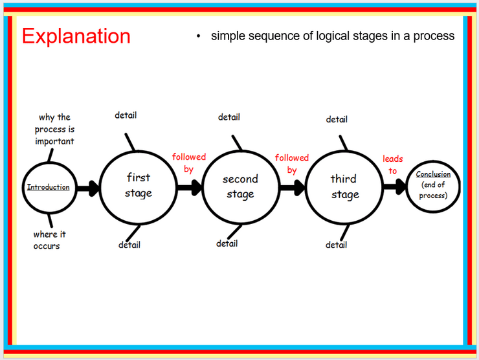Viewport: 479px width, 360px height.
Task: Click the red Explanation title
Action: pos(76,37)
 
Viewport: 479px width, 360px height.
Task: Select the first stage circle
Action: pos(100,188)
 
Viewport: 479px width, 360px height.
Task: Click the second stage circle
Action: pos(203,188)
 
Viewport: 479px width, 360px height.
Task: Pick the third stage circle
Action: pos(306,188)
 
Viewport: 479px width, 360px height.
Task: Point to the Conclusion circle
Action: pos(407,186)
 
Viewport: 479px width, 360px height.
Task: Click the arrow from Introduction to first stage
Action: pos(88,188)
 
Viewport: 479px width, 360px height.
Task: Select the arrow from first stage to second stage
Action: pos(190,188)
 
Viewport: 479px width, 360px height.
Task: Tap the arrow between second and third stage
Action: pos(293,188)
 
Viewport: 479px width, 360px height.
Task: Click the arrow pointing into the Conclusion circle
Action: pos(395,186)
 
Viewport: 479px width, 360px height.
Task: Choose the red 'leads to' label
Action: pos(393,164)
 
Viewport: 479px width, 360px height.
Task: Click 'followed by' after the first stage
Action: pos(189,163)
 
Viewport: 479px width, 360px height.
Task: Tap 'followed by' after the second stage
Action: pos(292,164)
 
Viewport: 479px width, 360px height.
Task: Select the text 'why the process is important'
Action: pos(54,129)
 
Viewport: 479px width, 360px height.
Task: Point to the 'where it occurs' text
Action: pos(49,240)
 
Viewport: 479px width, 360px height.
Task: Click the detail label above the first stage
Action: pos(126,115)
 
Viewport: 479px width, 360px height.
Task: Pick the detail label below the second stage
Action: pos(227,243)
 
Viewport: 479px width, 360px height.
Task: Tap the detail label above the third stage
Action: pos(337,119)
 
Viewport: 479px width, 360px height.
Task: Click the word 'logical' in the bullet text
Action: pos(333,36)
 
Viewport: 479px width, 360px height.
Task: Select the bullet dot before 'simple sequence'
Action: pos(198,36)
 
